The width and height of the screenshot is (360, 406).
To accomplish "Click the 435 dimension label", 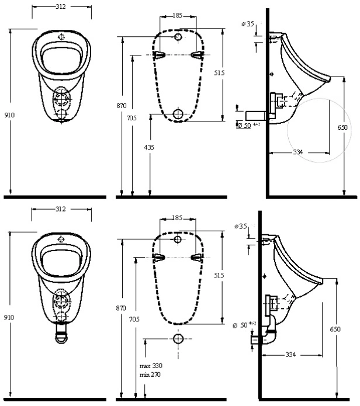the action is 149,147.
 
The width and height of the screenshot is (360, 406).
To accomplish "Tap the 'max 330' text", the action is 151,366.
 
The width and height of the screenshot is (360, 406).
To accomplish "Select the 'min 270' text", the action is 150,374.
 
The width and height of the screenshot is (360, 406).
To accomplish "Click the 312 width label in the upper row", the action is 61,7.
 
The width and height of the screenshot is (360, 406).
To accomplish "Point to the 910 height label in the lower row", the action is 9,317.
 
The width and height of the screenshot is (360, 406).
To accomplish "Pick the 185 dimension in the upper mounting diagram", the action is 178,16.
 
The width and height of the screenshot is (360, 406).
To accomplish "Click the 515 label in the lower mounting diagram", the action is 219,275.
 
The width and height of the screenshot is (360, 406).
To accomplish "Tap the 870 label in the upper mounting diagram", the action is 121,106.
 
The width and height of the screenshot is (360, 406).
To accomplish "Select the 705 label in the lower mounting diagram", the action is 134,320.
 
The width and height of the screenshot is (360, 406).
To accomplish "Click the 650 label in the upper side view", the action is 342,127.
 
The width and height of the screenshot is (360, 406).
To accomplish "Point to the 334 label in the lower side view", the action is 290,355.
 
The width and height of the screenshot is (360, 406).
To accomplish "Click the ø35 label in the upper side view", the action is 248,24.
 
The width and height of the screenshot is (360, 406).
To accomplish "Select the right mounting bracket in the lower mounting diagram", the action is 196,258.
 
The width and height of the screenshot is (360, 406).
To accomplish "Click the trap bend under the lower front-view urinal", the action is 61,334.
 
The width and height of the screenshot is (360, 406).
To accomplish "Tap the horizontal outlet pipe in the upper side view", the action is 257,116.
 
